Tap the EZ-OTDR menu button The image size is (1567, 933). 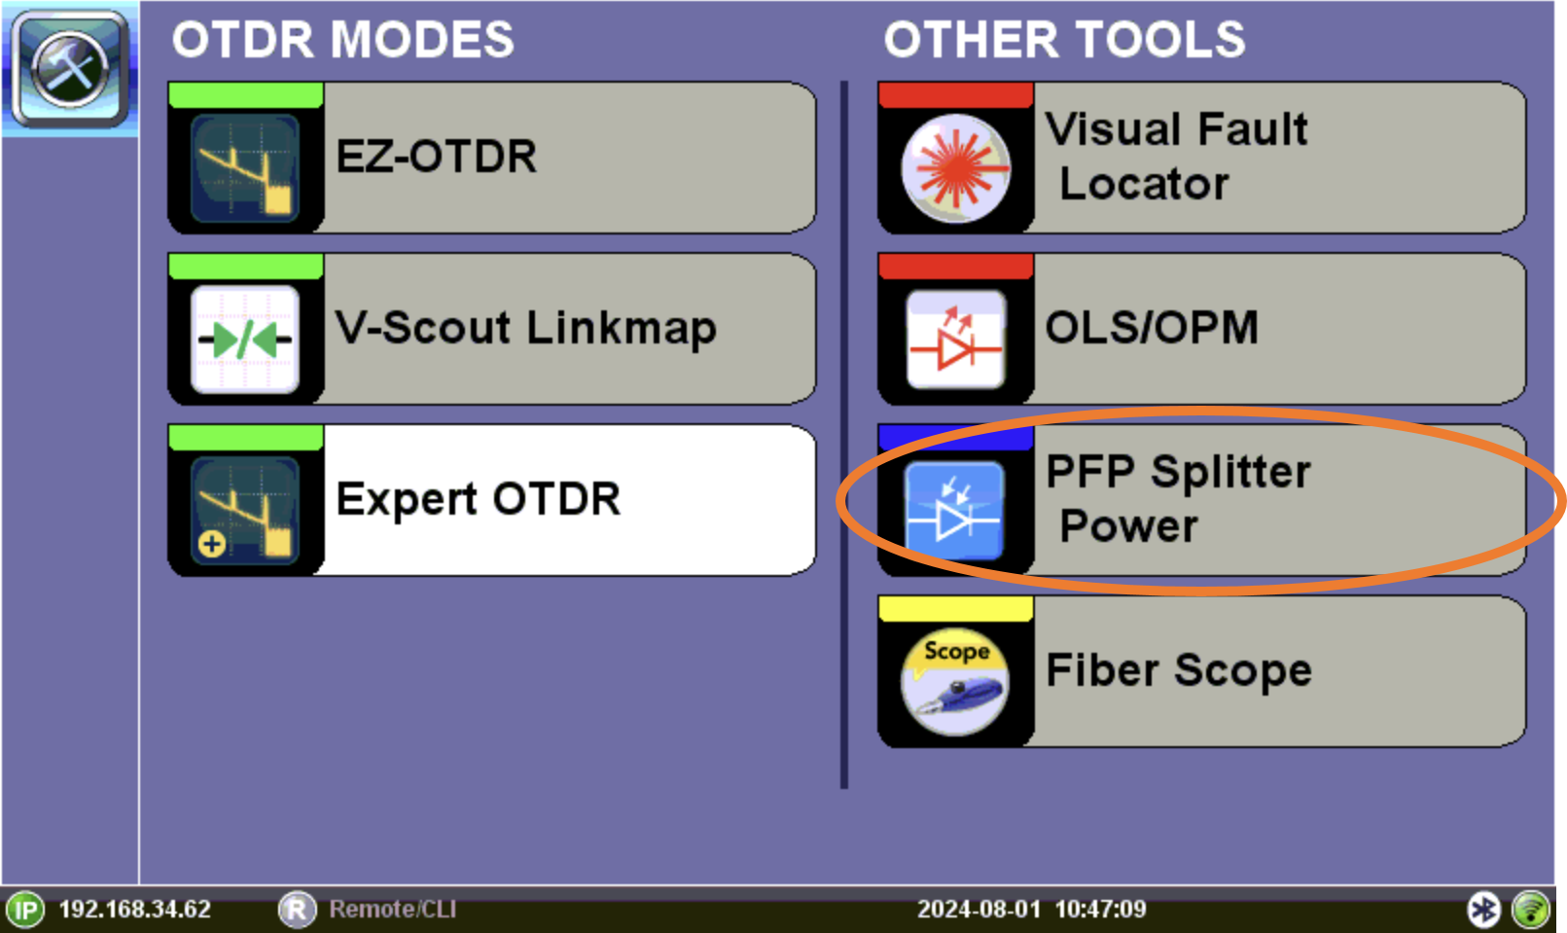tap(492, 158)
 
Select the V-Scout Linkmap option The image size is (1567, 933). tap(492, 329)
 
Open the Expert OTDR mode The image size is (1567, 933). tap(492, 500)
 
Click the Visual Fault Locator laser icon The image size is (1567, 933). tap(955, 168)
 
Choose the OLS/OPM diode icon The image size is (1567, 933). tap(955, 340)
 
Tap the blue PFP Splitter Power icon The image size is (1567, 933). tap(955, 510)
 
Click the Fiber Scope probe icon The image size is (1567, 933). tap(955, 682)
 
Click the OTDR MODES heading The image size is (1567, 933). tap(342, 39)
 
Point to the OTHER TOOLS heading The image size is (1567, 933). tap(1064, 39)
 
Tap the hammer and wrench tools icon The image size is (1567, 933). tap(70, 68)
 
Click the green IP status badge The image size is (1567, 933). tap(26, 910)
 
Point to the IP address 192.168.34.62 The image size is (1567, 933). tap(135, 910)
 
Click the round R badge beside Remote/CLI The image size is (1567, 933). tap(298, 910)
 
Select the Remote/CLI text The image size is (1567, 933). tap(392, 910)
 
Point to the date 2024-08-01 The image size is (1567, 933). tap(979, 910)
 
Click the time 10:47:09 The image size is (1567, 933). tap(1101, 910)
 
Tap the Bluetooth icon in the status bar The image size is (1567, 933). tap(1483, 910)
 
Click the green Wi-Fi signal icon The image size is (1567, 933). tap(1531, 910)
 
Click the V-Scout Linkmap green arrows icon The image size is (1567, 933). tap(245, 341)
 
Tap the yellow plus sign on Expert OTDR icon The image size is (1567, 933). tap(211, 544)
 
